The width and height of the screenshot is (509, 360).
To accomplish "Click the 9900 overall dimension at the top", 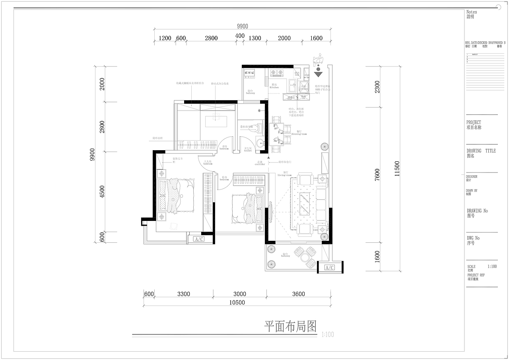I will click(242, 26).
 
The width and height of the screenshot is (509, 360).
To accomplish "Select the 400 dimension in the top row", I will click(240, 36).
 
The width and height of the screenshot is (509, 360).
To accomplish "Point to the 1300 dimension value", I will click(255, 38).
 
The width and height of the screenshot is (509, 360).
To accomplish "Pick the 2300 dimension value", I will click(377, 87).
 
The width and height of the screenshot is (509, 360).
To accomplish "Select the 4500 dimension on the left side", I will click(102, 192).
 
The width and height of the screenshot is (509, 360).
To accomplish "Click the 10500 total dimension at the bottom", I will click(237, 302).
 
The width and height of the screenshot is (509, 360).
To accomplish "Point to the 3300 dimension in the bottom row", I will click(183, 294).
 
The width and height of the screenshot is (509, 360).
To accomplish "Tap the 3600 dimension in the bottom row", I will click(298, 294).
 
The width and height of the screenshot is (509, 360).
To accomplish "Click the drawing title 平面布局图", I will click(291, 327).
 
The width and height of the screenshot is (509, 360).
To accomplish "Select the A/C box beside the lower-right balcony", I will click(330, 267).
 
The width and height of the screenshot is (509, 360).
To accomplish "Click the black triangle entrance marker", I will click(317, 74).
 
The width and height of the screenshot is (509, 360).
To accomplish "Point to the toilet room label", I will click(248, 150).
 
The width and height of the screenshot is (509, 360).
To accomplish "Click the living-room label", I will click(285, 174).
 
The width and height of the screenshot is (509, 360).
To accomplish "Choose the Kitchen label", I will click(275, 86).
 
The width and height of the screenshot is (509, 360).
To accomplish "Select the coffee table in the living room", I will click(305, 203).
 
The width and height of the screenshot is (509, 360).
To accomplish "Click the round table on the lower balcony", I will click(305, 257).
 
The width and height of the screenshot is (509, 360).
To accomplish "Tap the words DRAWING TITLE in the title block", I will click(481, 151).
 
